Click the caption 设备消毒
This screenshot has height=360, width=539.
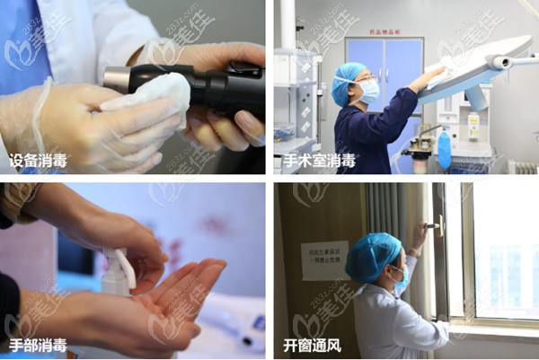(x=38, y=162)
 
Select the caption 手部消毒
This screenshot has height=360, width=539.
(x=38, y=344)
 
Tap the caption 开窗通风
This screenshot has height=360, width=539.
(x=314, y=344)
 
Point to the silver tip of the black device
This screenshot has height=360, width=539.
(x=116, y=80)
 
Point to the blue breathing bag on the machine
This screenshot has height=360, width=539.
(x=443, y=154)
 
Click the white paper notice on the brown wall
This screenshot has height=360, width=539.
(x=324, y=260)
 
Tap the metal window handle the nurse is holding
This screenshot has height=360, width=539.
(x=433, y=226)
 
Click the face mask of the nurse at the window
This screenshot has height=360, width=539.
(x=400, y=280)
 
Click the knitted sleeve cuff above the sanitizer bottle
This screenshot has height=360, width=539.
(x=15, y=203)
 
